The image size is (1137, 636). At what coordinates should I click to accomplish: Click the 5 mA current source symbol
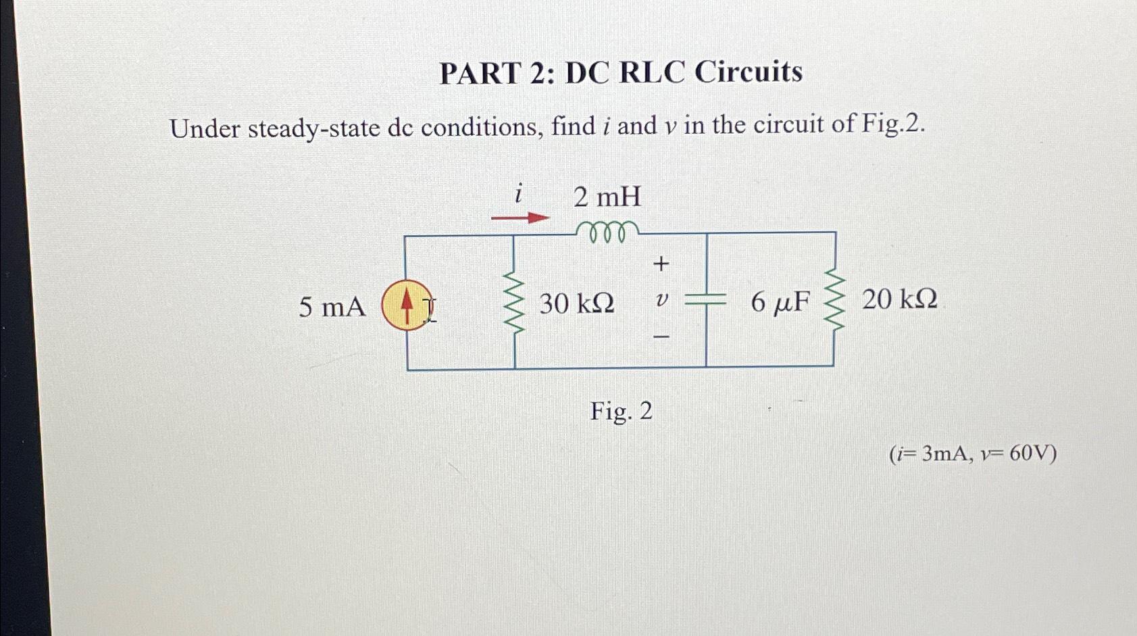tap(407, 305)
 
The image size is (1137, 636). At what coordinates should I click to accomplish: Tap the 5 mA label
tap(332, 308)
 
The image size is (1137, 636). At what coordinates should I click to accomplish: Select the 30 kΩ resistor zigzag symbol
tap(515, 303)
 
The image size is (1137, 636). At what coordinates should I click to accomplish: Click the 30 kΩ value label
tap(576, 304)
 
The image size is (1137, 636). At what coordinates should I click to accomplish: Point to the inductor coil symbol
tap(605, 231)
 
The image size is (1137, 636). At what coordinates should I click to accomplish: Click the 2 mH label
tap(607, 197)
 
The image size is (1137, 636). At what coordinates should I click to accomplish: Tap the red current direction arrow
tap(520, 218)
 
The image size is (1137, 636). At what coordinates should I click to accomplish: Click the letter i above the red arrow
tap(517, 195)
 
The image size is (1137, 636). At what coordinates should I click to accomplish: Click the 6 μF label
tap(780, 302)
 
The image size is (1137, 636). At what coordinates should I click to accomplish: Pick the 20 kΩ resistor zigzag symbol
tap(836, 300)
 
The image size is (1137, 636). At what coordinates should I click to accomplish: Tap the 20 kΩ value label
tap(899, 299)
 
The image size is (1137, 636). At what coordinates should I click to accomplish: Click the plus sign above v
tap(661, 264)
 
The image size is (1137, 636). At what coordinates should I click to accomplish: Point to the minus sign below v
tap(662, 336)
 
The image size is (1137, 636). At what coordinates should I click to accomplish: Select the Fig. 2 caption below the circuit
tap(621, 411)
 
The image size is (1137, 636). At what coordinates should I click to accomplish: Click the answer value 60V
tap(1032, 454)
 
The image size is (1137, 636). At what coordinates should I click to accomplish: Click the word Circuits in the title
tap(749, 72)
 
